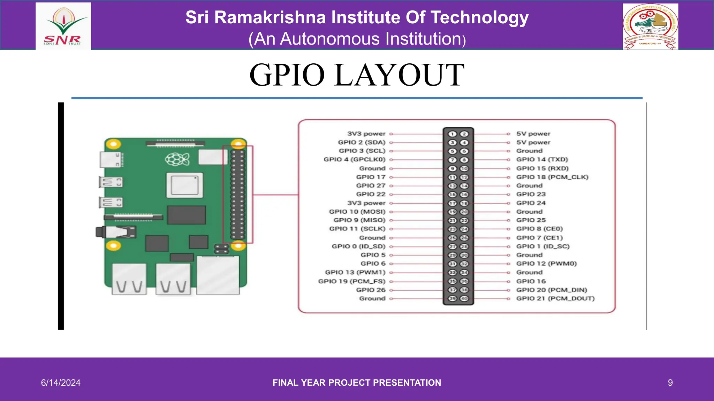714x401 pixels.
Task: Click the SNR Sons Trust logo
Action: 63,26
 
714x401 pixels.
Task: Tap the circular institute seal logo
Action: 651,26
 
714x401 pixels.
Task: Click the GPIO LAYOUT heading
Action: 357,75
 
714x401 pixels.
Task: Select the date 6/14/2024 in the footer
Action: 61,383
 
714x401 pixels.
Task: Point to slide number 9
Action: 670,383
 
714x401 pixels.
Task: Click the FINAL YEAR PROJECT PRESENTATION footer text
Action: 357,383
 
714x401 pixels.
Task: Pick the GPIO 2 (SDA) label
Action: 362,142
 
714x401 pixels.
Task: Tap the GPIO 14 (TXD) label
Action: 542,159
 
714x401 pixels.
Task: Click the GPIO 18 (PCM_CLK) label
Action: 552,177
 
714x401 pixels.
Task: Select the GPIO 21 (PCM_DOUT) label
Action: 555,298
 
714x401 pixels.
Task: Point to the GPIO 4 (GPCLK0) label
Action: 355,159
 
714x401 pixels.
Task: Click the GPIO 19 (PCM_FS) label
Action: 352,281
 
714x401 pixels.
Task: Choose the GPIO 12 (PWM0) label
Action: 546,264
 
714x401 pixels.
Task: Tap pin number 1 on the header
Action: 453,134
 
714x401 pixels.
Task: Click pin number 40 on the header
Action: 464,298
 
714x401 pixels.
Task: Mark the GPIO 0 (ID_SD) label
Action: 358,246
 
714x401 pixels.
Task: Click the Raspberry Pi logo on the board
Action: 177,159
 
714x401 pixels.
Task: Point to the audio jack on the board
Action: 115,232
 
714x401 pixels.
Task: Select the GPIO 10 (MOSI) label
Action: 357,212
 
